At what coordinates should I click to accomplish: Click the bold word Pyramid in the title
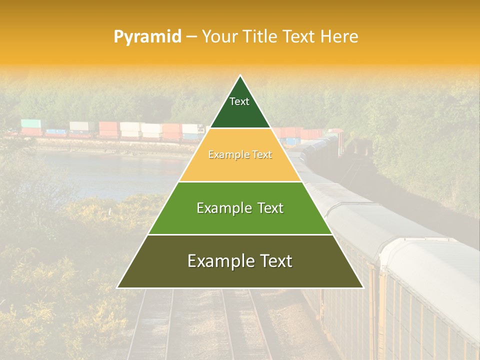147,37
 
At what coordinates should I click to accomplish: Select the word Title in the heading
259,36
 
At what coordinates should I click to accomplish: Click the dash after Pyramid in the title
191,37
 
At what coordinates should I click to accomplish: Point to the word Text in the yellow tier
262,155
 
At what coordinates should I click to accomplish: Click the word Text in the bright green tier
270,208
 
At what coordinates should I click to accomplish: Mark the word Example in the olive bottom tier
217,261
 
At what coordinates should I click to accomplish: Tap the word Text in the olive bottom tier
277,261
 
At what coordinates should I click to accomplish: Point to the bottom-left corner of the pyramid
117,287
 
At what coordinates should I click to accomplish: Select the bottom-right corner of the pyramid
363,287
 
